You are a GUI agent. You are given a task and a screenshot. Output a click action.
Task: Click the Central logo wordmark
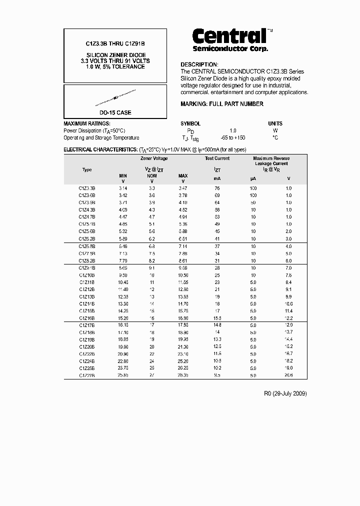coord(229,36)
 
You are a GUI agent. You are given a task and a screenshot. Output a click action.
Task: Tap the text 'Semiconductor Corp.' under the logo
coord(230,48)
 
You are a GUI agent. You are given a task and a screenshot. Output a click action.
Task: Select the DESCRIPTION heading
coord(199,64)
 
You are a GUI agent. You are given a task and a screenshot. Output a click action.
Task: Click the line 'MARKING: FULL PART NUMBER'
coord(221,104)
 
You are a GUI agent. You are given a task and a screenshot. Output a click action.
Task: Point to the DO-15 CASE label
coord(115,112)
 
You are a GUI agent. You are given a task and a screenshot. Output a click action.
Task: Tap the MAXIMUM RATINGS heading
coord(87,123)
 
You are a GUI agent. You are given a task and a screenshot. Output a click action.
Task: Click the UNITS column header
coord(275,123)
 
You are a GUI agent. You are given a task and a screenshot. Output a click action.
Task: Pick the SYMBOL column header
coord(190,123)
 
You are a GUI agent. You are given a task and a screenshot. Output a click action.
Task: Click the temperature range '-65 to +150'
coord(233,137)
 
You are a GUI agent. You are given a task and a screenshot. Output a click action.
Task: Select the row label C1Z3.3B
coord(87,188)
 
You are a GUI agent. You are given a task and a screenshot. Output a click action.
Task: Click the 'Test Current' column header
coord(217,158)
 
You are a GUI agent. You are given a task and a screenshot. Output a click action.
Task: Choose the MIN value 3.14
coord(123,188)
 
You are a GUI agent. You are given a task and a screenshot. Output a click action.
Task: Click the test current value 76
coord(217,188)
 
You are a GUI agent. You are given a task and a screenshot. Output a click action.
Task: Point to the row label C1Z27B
coord(87,374)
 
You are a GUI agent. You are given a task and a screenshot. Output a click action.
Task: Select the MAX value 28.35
coord(183,374)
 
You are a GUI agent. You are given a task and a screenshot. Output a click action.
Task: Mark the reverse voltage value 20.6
coord(288,374)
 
